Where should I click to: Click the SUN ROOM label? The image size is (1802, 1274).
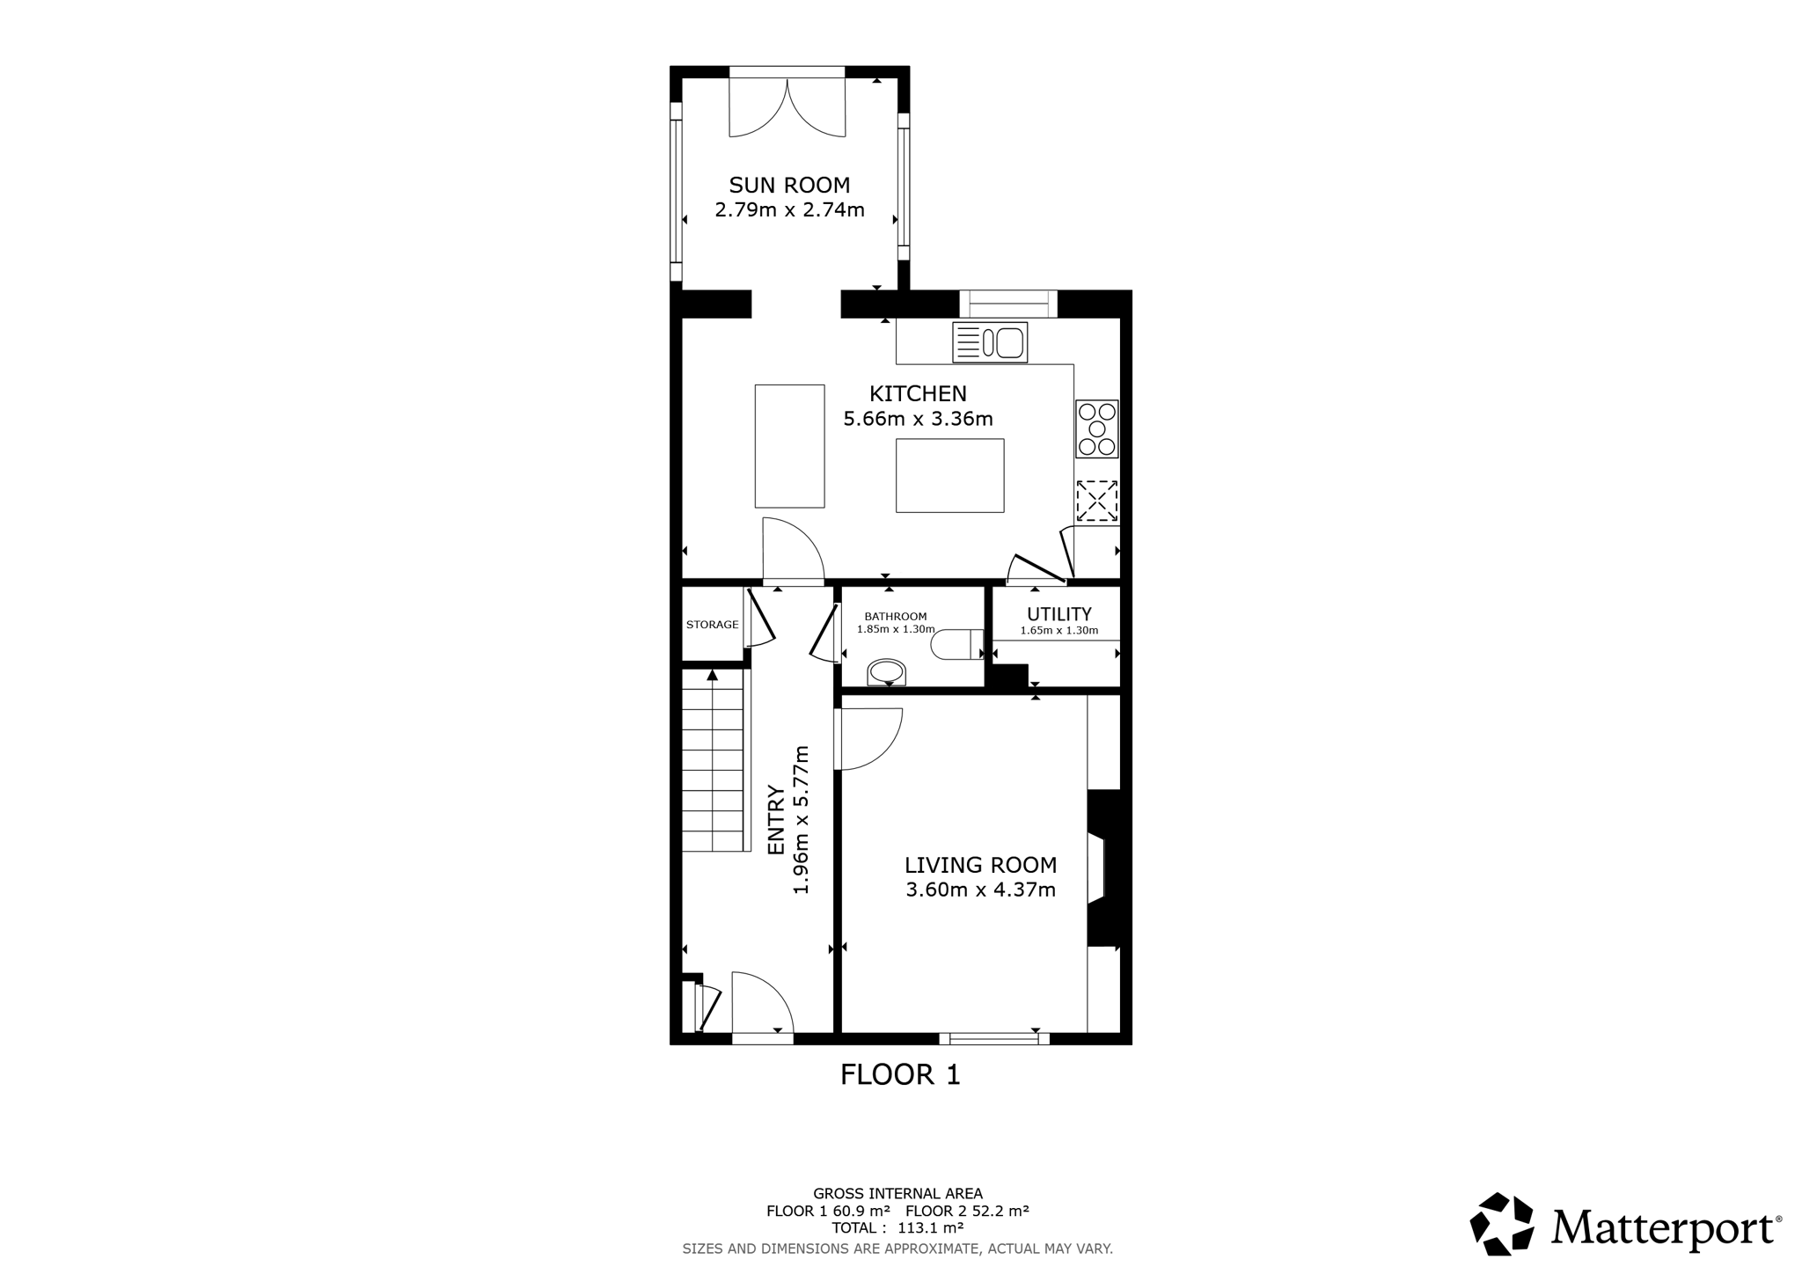789,186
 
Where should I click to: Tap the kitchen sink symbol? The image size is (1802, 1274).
990,343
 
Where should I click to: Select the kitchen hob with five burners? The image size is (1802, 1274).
1096,428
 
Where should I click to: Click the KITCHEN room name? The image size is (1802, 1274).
918,393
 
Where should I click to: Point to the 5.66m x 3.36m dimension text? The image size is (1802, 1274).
918,419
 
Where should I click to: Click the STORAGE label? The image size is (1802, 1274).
712,625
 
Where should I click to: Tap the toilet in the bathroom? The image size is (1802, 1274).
957,644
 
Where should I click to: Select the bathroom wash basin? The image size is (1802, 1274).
886,672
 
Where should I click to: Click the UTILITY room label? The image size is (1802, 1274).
1059,614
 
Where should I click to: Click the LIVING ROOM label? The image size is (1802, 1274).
980,865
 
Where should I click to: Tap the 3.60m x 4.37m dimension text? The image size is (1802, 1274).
980,890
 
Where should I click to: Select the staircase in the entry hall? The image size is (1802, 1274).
715,760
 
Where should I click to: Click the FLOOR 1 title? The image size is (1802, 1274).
900,1074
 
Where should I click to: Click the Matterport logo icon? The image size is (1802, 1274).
1502,1224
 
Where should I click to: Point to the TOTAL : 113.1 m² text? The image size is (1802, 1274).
897,1227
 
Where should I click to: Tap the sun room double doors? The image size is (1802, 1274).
787,106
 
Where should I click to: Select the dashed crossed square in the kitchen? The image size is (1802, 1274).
1096,501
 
